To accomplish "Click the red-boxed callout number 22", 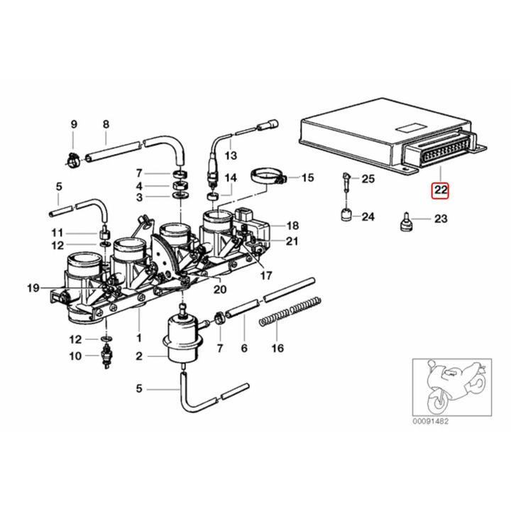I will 441,190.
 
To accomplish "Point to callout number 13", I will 229,155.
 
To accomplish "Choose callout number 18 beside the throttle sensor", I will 292,226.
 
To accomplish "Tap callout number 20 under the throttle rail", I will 220,289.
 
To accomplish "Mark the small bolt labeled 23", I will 407,221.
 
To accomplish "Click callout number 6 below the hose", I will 243,348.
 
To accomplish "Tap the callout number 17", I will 266,275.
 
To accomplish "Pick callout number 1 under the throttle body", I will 139,338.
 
